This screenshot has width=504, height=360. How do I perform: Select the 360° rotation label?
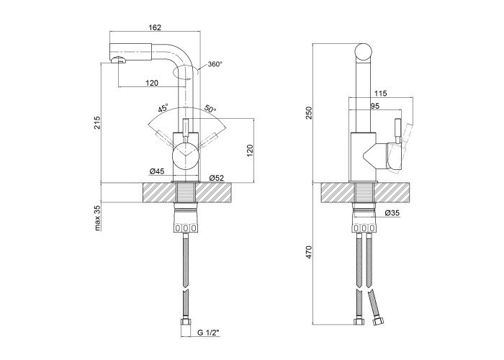pyautogui.click(x=215, y=64)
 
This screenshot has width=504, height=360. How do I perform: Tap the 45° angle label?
pyautogui.click(x=163, y=108)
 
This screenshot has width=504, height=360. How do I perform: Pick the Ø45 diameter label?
pyautogui.click(x=158, y=171)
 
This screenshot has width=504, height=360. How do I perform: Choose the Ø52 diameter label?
pyautogui.click(x=217, y=177)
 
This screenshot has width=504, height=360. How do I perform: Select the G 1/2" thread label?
pyautogui.click(x=207, y=333)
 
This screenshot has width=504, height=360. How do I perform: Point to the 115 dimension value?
pyautogui.click(x=382, y=93)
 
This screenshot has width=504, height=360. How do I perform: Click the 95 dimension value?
pyautogui.click(x=376, y=106)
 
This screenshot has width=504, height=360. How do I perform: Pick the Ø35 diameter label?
pyautogui.click(x=392, y=214)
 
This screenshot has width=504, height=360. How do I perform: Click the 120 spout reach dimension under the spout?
pyautogui.click(x=151, y=84)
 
